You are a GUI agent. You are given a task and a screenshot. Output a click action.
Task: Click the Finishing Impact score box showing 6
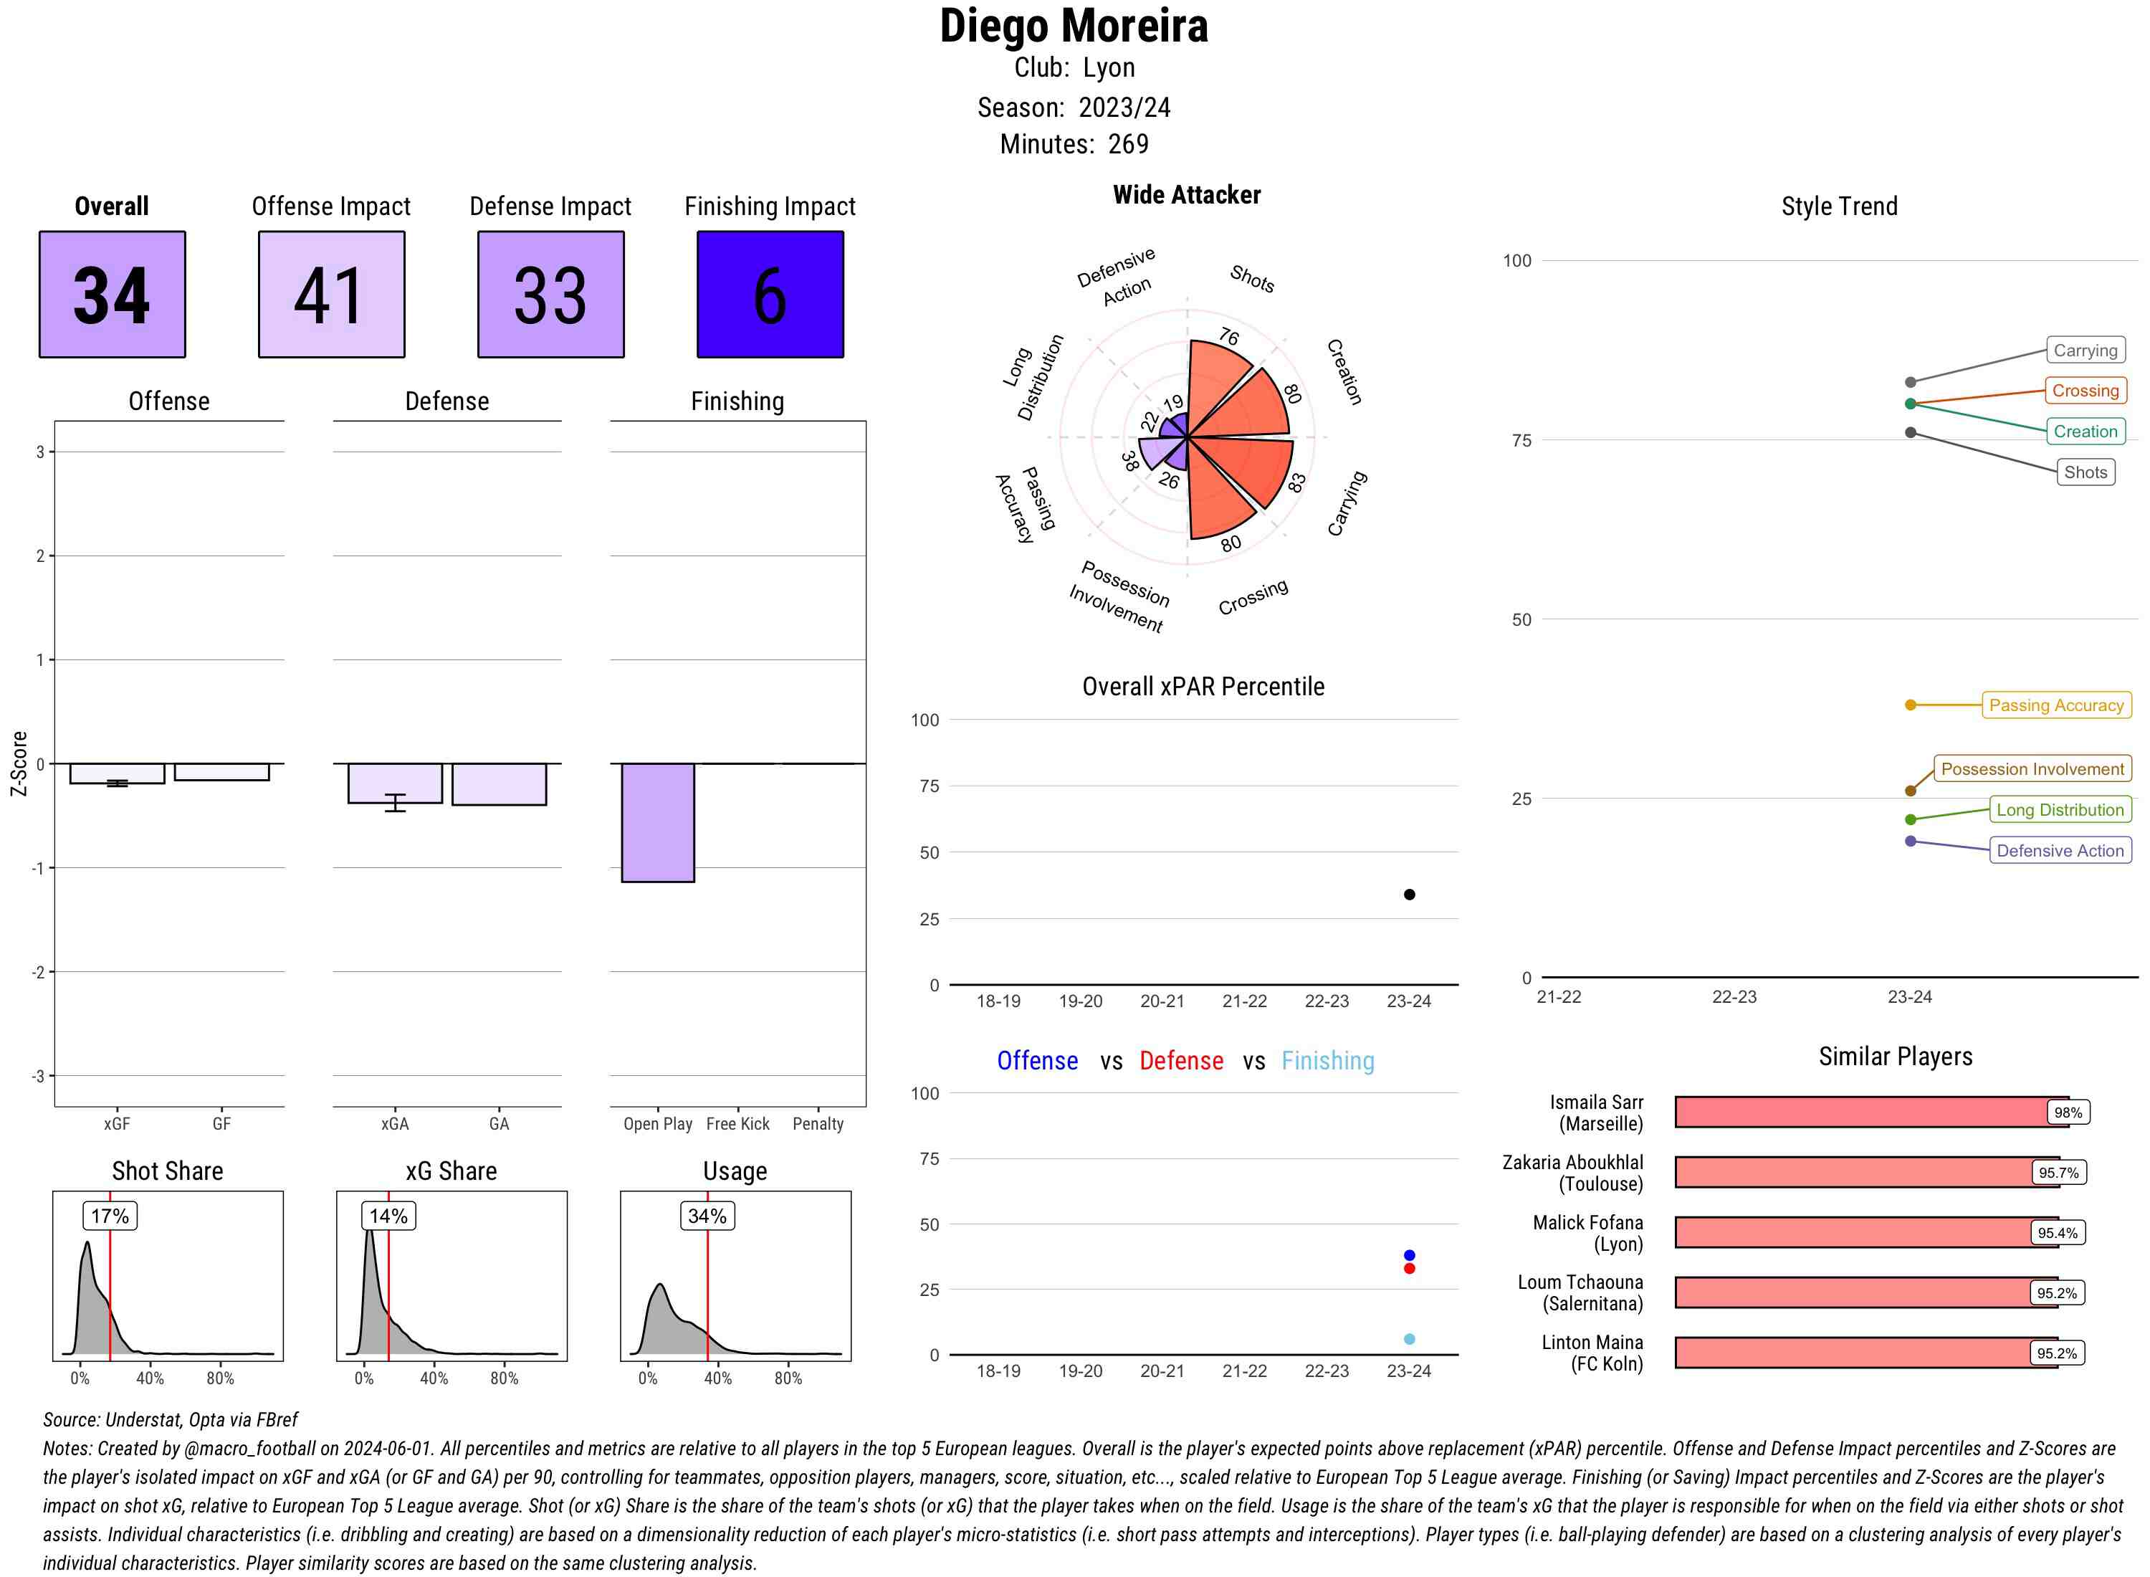(770, 294)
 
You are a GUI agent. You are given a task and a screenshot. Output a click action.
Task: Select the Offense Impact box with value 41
(331, 294)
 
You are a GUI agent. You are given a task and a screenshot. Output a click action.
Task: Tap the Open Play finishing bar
(657, 823)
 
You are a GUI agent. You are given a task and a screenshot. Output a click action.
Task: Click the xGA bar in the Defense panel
(395, 783)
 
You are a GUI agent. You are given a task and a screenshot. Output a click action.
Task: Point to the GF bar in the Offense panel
(221, 772)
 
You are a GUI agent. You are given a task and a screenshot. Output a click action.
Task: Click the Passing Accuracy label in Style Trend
(2057, 705)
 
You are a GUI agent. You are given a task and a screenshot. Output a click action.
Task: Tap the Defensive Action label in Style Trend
(2060, 851)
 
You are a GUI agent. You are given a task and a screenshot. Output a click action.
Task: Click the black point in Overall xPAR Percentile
(1410, 895)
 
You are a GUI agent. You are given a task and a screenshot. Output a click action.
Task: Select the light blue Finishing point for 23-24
(1410, 1339)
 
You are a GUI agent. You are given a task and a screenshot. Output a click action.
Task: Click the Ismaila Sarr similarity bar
(1871, 1112)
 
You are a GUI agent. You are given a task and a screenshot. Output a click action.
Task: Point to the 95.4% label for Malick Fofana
(2058, 1232)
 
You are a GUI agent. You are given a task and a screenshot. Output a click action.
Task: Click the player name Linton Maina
(1592, 1342)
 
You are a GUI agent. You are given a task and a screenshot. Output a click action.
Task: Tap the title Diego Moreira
(1074, 26)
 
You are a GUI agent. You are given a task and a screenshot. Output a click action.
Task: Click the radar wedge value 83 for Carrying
(1296, 482)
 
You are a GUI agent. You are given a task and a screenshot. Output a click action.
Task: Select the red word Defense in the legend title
(1181, 1061)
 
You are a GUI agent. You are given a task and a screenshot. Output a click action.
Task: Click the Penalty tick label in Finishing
(818, 1123)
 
